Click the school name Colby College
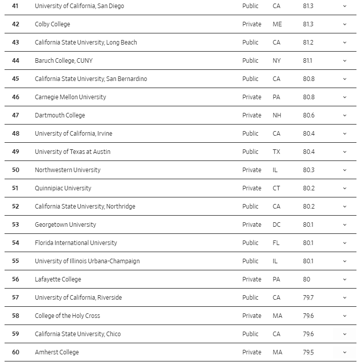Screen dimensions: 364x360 [53, 24]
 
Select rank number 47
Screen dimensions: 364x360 [16, 115]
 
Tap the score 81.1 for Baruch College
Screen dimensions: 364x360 [308, 61]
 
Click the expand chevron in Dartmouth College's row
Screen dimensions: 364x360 [345, 115]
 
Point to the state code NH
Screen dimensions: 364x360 [277, 115]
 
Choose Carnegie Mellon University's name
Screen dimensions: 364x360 [70, 97]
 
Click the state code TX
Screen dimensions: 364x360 [277, 152]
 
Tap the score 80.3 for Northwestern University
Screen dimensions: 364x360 [308, 170]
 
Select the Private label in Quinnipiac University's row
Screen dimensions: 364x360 [252, 188]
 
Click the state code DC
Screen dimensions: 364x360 [277, 225]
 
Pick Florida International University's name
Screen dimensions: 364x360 [76, 243]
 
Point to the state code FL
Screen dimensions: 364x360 [276, 243]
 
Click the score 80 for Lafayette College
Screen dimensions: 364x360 [307, 279]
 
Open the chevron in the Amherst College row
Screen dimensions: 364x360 [345, 352]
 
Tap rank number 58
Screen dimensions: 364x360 [16, 316]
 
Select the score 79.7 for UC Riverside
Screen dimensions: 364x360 [308, 298]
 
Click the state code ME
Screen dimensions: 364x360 [277, 24]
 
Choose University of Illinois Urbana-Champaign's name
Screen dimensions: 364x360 [87, 261]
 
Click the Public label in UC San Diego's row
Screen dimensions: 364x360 [250, 6]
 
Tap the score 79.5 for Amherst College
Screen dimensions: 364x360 [308, 352]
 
